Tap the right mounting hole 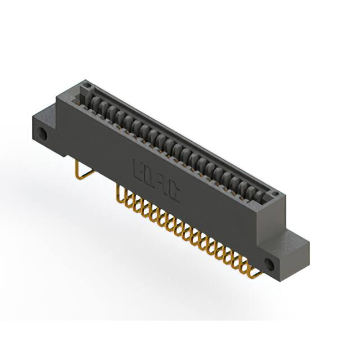[269, 264]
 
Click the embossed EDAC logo [156, 181]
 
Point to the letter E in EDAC [138, 169]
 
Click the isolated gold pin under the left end [79, 169]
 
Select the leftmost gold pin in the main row [119, 194]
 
